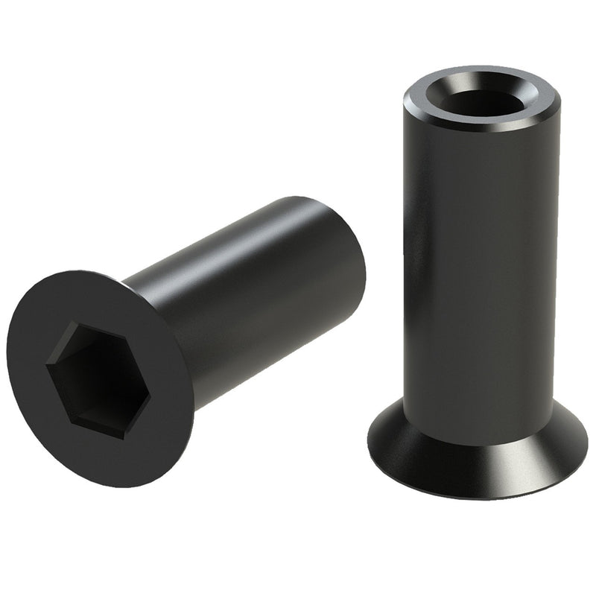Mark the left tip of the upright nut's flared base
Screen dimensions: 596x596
(370, 432)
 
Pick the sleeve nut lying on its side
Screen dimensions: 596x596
(186, 335)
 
